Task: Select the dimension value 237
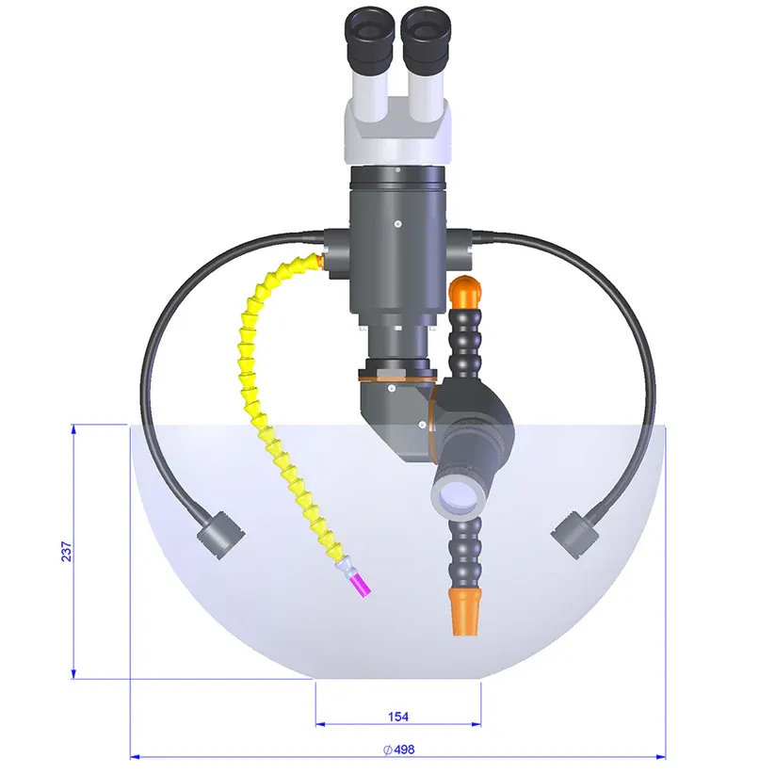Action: pyautogui.click(x=66, y=552)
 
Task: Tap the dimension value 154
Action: pyautogui.click(x=398, y=717)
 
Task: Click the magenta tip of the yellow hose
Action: pyautogui.click(x=361, y=586)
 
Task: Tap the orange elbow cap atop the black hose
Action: pyautogui.click(x=465, y=291)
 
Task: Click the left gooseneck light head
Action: pyautogui.click(x=221, y=535)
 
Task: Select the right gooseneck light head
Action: pyautogui.click(x=575, y=535)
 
